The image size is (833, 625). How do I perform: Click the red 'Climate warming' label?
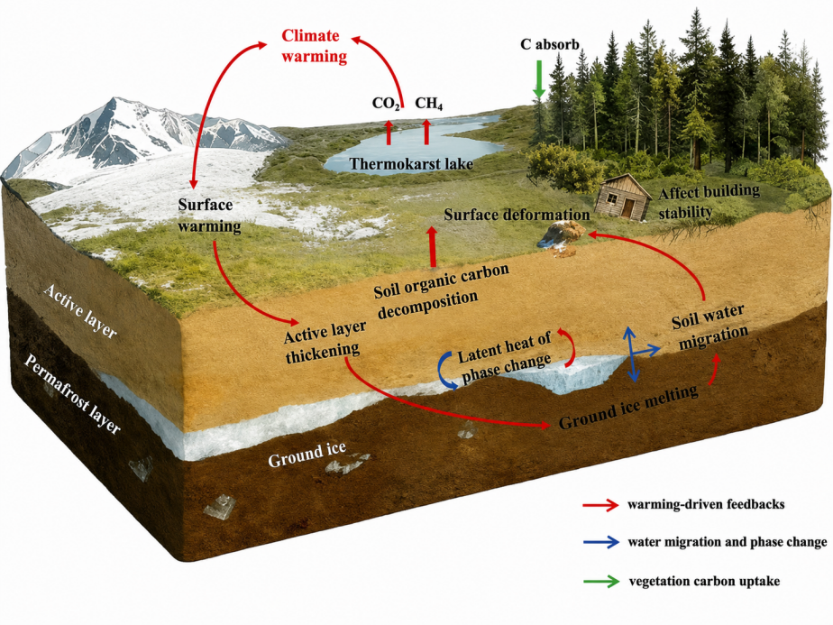click(x=314, y=46)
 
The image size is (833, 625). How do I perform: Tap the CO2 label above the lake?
click(x=386, y=103)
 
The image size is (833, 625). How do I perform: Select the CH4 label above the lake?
click(x=429, y=103)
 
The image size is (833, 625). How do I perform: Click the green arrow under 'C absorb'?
click(x=539, y=79)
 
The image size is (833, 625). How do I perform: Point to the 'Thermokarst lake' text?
click(x=411, y=164)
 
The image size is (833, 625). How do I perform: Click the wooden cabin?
click(x=623, y=196)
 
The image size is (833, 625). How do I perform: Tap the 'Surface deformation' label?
click(x=517, y=215)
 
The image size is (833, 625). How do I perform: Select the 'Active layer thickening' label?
click(x=325, y=343)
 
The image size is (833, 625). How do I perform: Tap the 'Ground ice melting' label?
click(x=628, y=407)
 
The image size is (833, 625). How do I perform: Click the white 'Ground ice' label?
click(x=307, y=455)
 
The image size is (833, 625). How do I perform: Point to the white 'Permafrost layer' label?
click(x=73, y=393)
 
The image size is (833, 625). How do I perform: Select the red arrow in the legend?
click(x=600, y=504)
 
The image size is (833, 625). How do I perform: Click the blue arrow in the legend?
click(x=600, y=542)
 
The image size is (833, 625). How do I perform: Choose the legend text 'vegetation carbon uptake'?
click(x=704, y=581)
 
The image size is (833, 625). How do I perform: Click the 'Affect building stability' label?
click(x=709, y=202)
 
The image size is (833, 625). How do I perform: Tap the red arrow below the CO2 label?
click(x=389, y=133)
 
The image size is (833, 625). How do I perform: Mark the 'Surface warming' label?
click(x=209, y=216)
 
